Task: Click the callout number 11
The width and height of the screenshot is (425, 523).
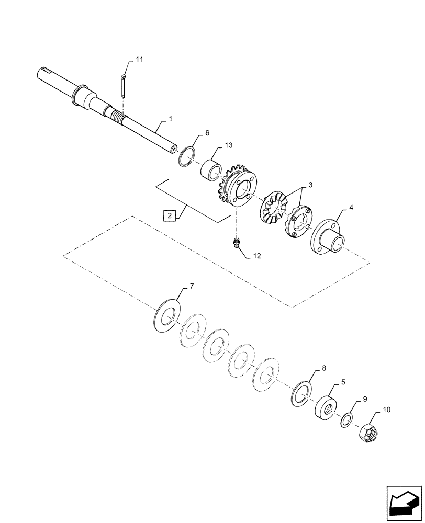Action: [x=139, y=60]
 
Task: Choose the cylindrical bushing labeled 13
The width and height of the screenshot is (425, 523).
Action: [x=211, y=169]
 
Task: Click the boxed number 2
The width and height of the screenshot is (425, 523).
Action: [x=169, y=215]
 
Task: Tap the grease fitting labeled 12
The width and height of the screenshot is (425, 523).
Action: [x=236, y=242]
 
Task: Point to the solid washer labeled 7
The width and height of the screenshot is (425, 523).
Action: [x=167, y=316]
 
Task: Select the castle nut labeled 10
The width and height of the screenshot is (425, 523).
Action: [x=367, y=432]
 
